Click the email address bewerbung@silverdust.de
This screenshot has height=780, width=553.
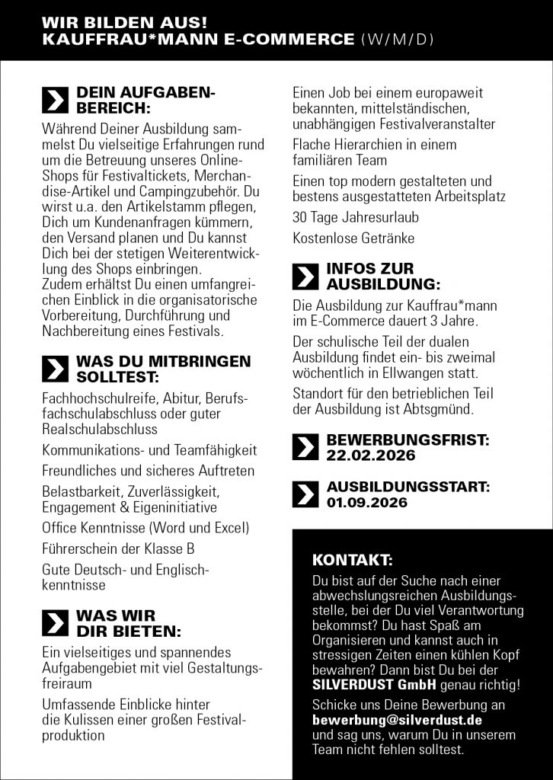point(398,719)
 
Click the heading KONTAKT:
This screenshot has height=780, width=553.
point(353,561)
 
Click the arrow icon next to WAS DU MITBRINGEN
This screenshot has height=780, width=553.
point(55,369)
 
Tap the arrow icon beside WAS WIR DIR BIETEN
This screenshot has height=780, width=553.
point(55,623)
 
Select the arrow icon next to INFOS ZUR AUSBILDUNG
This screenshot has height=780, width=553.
point(305,277)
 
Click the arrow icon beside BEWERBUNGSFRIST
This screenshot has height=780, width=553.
point(305,448)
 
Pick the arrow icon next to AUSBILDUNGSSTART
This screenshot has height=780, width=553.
point(305,494)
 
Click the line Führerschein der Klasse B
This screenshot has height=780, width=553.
point(119,548)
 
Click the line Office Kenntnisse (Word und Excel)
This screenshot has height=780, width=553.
point(146,528)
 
